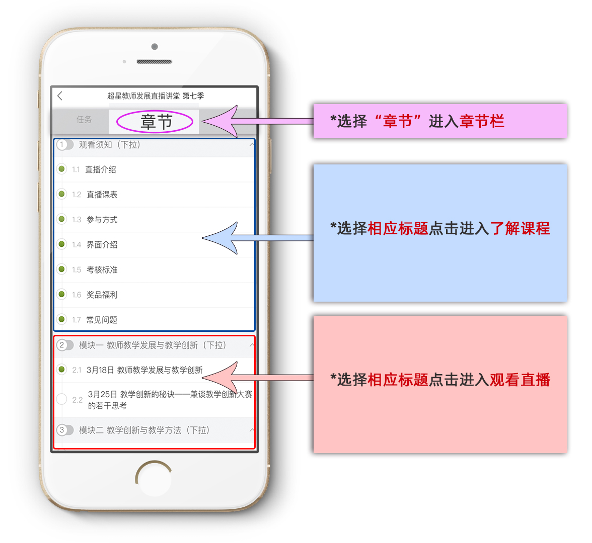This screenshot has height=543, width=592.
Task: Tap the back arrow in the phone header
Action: pyautogui.click(x=60, y=96)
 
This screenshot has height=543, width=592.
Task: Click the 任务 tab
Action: pyautogui.click(x=84, y=120)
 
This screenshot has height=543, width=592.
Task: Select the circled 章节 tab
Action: pyautogui.click(x=156, y=122)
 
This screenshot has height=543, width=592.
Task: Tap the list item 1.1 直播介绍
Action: pyautogui.click(x=101, y=169)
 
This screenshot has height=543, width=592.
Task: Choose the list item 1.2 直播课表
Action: pyautogui.click(x=102, y=195)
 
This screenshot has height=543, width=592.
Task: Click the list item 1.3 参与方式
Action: pyautogui.click(x=102, y=220)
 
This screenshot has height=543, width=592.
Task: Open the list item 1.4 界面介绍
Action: pyautogui.click(x=102, y=245)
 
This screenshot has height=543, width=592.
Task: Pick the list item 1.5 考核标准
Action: pyautogui.click(x=102, y=270)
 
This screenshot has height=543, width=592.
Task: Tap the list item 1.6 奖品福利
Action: pyautogui.click(x=102, y=295)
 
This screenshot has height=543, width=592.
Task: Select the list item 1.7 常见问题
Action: pyautogui.click(x=102, y=320)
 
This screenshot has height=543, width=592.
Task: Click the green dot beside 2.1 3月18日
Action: pyautogui.click(x=61, y=370)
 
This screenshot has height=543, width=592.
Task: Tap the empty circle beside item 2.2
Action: pyautogui.click(x=61, y=399)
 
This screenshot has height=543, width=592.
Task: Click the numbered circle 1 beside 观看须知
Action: pyautogui.click(x=62, y=145)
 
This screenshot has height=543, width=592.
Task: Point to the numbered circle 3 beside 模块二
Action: pyautogui.click(x=62, y=430)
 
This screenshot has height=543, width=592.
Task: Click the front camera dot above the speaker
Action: pyautogui.click(x=155, y=47)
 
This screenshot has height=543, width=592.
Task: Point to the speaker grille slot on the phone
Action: pyautogui.click(x=154, y=62)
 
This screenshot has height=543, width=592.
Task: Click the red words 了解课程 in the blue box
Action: pyautogui.click(x=520, y=229)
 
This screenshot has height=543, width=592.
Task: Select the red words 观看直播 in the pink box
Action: pyautogui.click(x=520, y=380)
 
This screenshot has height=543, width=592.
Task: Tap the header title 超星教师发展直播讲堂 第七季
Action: pyautogui.click(x=156, y=96)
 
